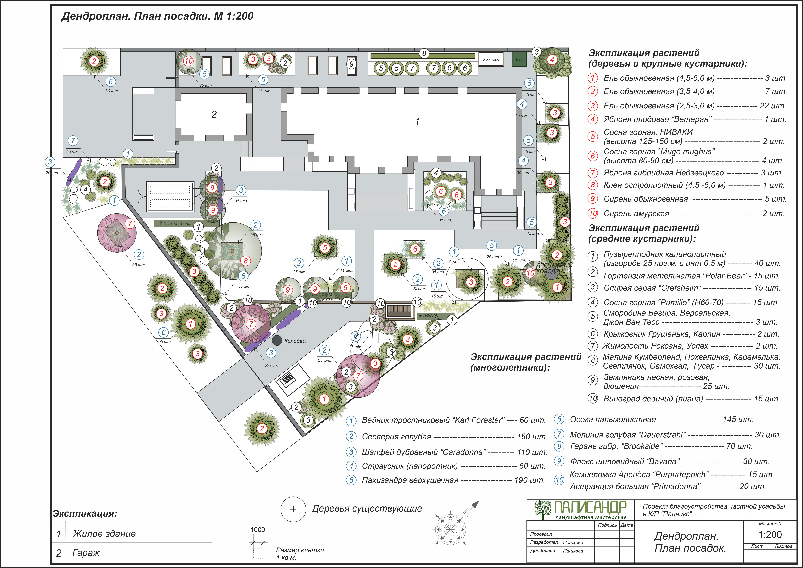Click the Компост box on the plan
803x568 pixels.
491,59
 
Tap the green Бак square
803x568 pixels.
519,59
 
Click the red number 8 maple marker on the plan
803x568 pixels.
245,261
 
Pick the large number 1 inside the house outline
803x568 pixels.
417,122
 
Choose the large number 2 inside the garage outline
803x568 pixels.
214,114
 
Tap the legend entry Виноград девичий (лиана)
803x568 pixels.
653,399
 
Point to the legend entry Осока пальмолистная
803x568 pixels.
613,419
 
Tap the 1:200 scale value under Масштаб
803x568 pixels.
770,535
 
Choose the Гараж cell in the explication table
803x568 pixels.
86,553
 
